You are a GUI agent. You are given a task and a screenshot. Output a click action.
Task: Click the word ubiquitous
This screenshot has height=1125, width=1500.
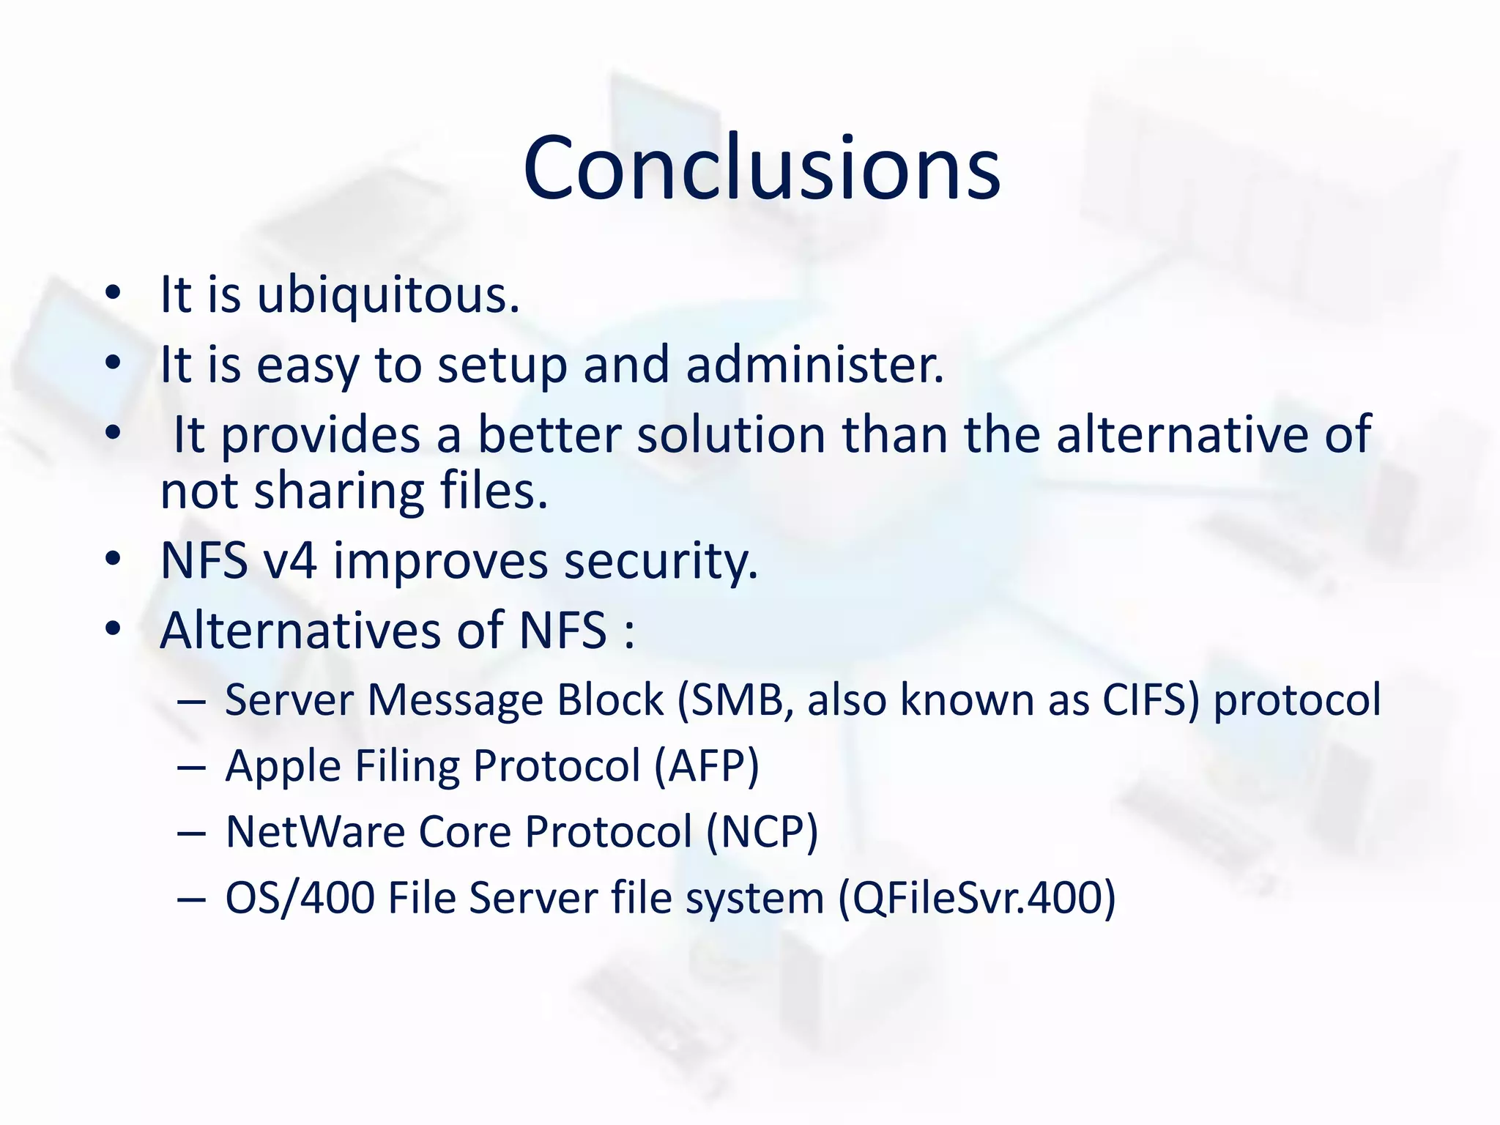click(x=388, y=295)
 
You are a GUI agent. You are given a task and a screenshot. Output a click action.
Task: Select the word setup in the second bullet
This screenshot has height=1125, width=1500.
click(x=502, y=365)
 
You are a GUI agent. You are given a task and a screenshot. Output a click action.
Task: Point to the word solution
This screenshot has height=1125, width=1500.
click(x=731, y=434)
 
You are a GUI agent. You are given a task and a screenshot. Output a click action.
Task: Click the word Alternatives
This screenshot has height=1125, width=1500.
click(x=300, y=630)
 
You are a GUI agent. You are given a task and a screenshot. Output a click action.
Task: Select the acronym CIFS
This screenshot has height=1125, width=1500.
click(x=1150, y=699)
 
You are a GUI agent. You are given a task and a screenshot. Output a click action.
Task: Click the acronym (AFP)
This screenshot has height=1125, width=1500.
click(x=706, y=766)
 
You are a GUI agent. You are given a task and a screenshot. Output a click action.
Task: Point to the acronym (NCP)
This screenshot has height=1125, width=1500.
click(x=762, y=832)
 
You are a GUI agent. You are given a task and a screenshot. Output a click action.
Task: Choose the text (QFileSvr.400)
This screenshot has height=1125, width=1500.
click(x=976, y=898)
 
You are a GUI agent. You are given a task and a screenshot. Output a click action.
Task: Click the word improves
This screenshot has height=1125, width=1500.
click(x=440, y=562)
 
